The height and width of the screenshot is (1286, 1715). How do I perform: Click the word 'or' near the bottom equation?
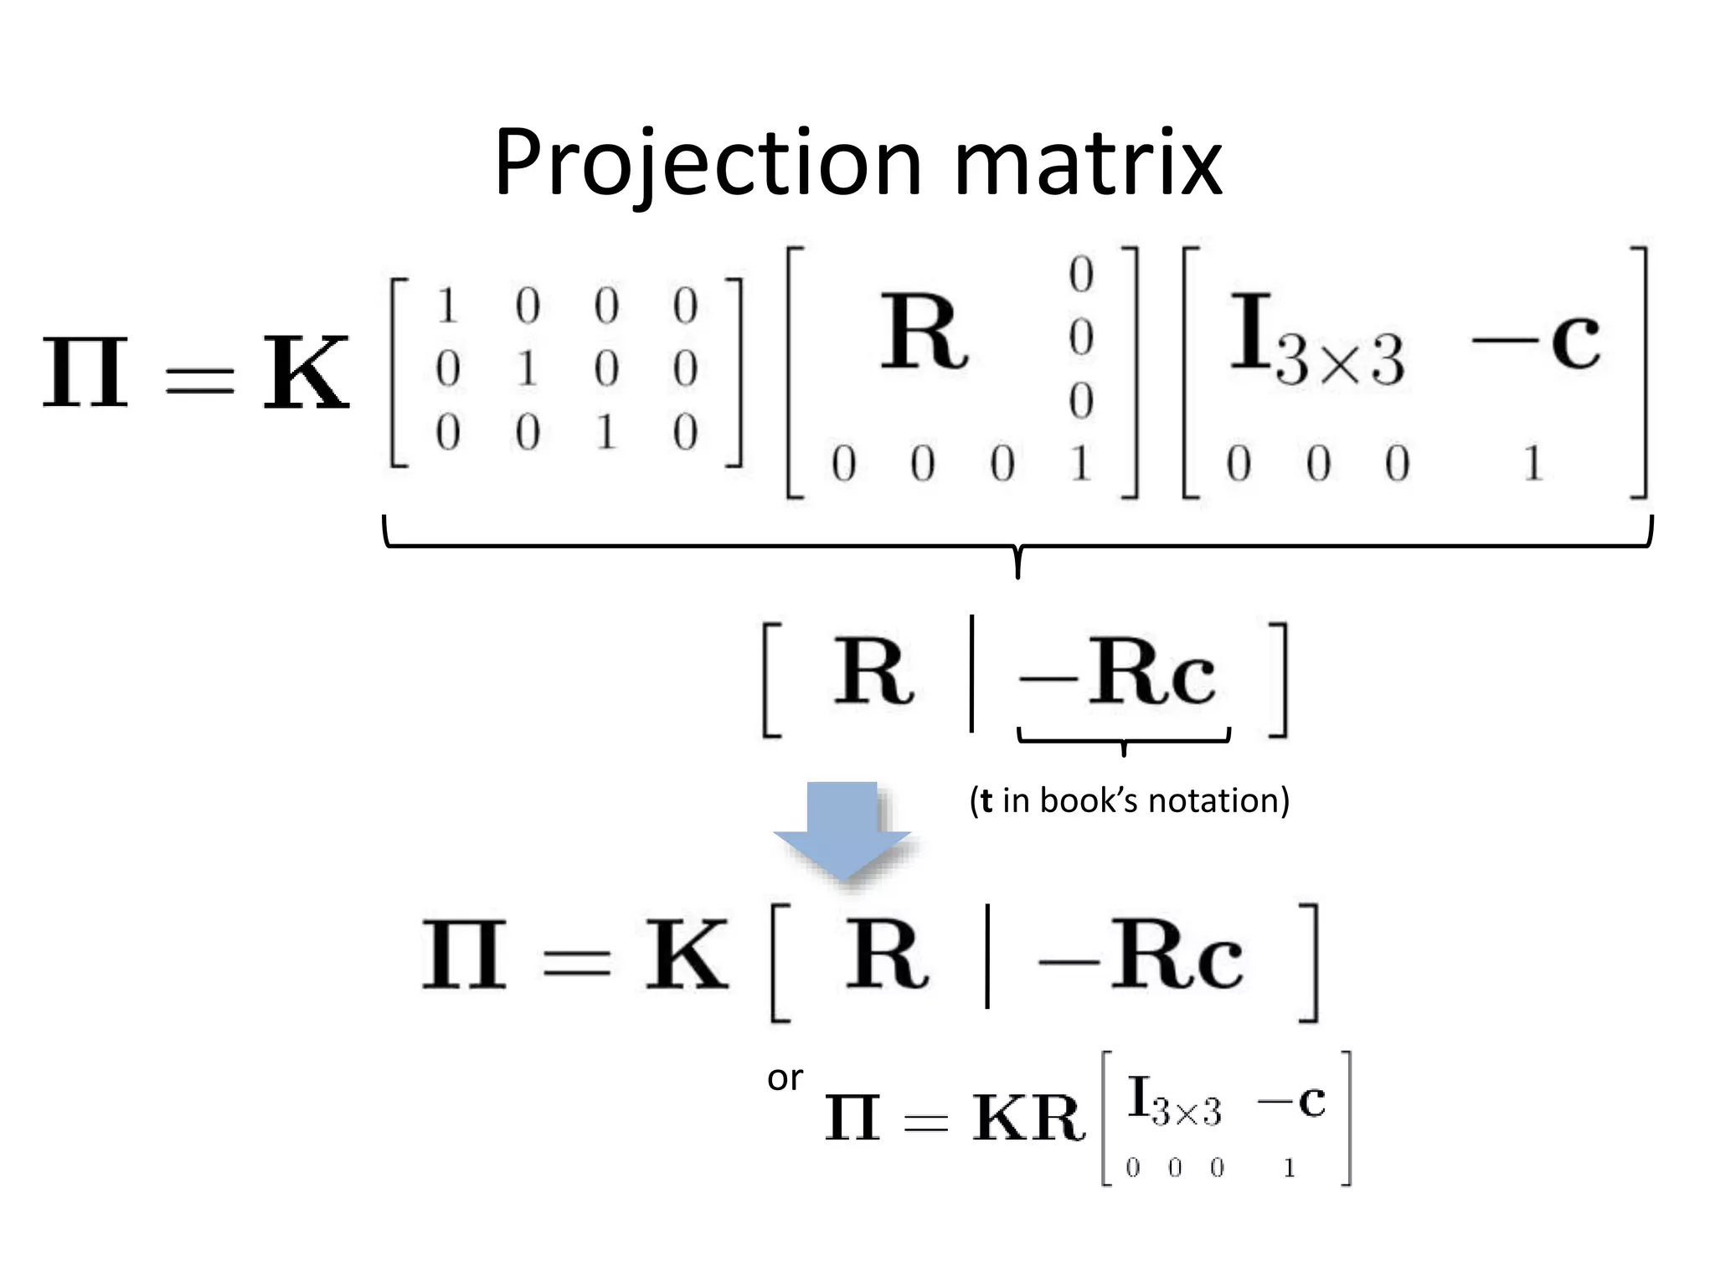click(x=785, y=1078)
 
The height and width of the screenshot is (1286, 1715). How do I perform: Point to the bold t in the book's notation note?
click(x=986, y=800)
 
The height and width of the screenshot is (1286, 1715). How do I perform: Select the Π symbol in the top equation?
click(x=85, y=373)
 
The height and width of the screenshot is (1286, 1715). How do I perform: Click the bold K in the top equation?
click(x=305, y=373)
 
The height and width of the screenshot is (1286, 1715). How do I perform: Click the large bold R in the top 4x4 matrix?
click(x=924, y=332)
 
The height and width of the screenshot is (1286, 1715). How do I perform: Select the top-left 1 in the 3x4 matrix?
click(x=447, y=306)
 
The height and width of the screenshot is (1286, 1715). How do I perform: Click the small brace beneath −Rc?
click(x=1123, y=740)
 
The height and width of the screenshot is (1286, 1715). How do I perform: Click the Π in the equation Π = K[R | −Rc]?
click(x=464, y=955)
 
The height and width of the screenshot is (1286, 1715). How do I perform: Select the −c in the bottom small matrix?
click(x=1290, y=1101)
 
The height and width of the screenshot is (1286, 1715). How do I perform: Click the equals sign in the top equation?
click(x=198, y=379)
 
